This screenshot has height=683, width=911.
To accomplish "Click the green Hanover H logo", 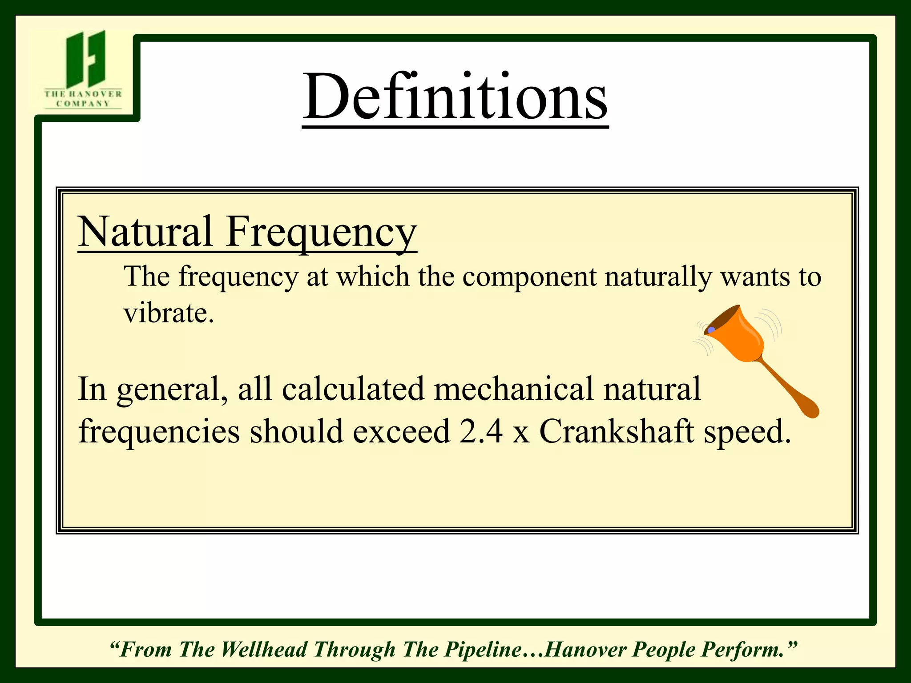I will pyautogui.click(x=85, y=59).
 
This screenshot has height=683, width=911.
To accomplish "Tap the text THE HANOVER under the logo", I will pyautogui.click(x=83, y=94).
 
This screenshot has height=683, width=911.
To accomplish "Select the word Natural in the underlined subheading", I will pyautogui.click(x=145, y=231).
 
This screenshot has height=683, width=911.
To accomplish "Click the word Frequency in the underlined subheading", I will pyautogui.click(x=321, y=232).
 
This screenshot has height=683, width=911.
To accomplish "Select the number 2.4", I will pyautogui.click(x=481, y=431).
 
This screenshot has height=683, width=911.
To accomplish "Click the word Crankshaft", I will pyautogui.click(x=617, y=431).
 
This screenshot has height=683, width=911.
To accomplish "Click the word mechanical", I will pyautogui.click(x=514, y=389).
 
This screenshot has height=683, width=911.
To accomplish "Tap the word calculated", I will pyautogui.click(x=353, y=389).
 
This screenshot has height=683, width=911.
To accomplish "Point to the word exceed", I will pyautogui.click(x=401, y=431).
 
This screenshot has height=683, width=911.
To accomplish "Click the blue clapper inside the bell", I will pyautogui.click(x=711, y=330).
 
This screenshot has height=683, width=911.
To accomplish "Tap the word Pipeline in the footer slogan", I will pyautogui.click(x=484, y=650).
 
